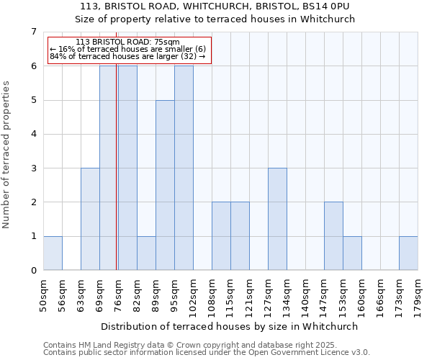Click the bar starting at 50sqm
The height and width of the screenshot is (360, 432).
click(53, 253)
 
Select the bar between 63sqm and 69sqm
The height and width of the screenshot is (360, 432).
click(90, 219)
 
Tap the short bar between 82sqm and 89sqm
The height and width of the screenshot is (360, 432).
click(146, 253)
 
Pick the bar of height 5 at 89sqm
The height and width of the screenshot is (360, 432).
click(165, 185)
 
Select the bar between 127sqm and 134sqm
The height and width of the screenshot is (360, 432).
click(277, 219)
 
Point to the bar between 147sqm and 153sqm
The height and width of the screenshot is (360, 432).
click(333, 236)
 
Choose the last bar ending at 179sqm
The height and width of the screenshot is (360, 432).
click(408, 253)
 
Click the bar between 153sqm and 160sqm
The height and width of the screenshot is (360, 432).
click(352, 253)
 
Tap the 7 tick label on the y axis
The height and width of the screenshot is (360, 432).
click(33, 32)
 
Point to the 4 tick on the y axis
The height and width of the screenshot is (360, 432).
click(33, 134)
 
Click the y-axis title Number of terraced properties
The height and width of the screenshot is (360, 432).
click(6, 155)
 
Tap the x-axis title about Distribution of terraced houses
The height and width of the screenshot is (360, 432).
click(230, 326)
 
